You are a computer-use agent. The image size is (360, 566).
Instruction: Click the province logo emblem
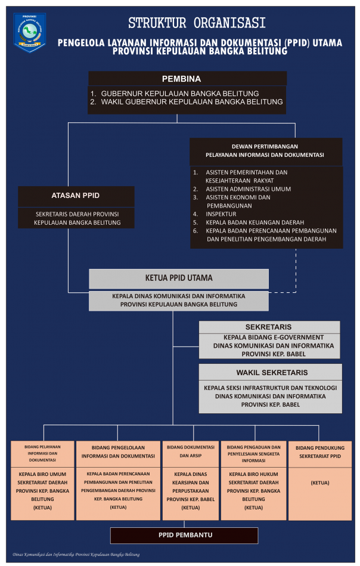tap(30, 32)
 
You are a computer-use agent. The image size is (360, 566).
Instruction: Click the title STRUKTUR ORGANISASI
tap(197, 23)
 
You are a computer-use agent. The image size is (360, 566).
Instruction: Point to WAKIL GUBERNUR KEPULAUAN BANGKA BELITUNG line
tap(187, 102)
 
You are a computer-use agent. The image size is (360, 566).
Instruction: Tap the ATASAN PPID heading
tap(75, 196)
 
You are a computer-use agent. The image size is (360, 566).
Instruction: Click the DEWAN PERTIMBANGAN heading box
tap(266, 151)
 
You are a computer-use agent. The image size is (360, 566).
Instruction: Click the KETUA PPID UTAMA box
tap(179, 279)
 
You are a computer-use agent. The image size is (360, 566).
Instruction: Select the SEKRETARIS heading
tap(268, 327)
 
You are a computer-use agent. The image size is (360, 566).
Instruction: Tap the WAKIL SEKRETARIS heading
tap(272, 373)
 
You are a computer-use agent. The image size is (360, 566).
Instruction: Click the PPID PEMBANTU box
tap(184, 536)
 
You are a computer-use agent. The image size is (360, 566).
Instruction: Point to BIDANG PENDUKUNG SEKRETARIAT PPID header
tap(320, 452)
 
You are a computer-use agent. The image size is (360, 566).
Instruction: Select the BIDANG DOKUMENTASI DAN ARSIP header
tap(191, 451)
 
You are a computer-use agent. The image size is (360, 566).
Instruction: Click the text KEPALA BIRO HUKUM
tap(253, 474)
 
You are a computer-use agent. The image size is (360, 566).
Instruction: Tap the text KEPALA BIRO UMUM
tap(42, 474)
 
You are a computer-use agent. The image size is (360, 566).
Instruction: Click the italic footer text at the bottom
tap(76, 555)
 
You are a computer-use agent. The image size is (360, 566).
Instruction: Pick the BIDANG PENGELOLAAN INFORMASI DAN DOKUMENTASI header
tap(118, 452)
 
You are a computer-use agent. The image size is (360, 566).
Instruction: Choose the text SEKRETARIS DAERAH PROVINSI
tap(77, 214)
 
